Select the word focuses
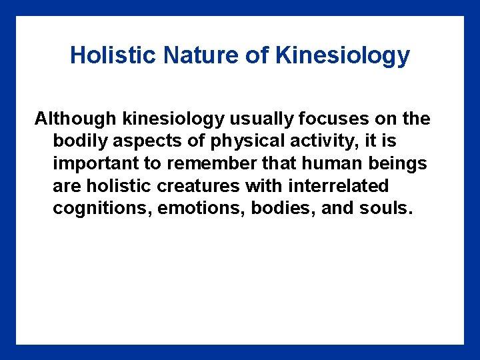pyautogui.click(x=339, y=119)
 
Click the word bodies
pyautogui.click(x=282, y=209)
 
